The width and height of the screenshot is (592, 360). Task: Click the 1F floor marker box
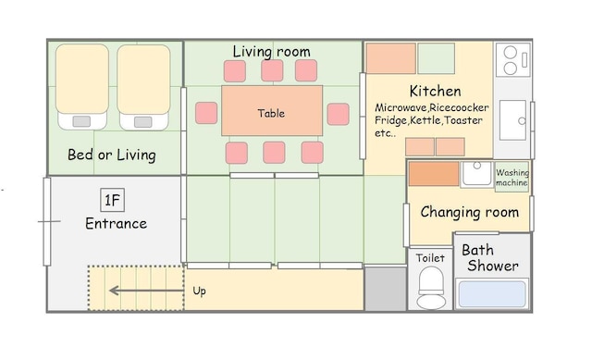coord(113,200)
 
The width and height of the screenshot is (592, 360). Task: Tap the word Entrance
coord(116,224)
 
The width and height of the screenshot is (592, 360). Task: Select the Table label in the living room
coord(271,113)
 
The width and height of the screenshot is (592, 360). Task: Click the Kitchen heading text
coord(436,91)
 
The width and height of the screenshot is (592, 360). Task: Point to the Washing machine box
coord(512,177)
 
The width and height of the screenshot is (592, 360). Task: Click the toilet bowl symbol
coord(431,288)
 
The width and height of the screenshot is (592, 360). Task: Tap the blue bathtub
coord(492,294)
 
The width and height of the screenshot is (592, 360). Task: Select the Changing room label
coord(470,212)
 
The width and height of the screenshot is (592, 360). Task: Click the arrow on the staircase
coord(146,291)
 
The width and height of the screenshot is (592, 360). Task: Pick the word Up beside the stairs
coord(200,291)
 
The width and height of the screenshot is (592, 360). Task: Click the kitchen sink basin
coord(512,120)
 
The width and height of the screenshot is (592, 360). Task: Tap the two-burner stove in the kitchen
coord(513,60)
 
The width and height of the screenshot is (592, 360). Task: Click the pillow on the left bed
coord(81,121)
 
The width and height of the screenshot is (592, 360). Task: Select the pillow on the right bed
coord(143,122)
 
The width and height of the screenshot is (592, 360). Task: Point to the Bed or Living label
coord(112,155)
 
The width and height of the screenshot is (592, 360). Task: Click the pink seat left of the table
coord(206,113)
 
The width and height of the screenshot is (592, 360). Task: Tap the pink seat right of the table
coord(339,114)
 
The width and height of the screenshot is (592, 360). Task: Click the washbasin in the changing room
coord(477,174)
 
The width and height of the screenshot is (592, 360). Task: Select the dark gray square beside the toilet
coord(386,289)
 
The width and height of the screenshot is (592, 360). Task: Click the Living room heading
coord(271,52)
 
